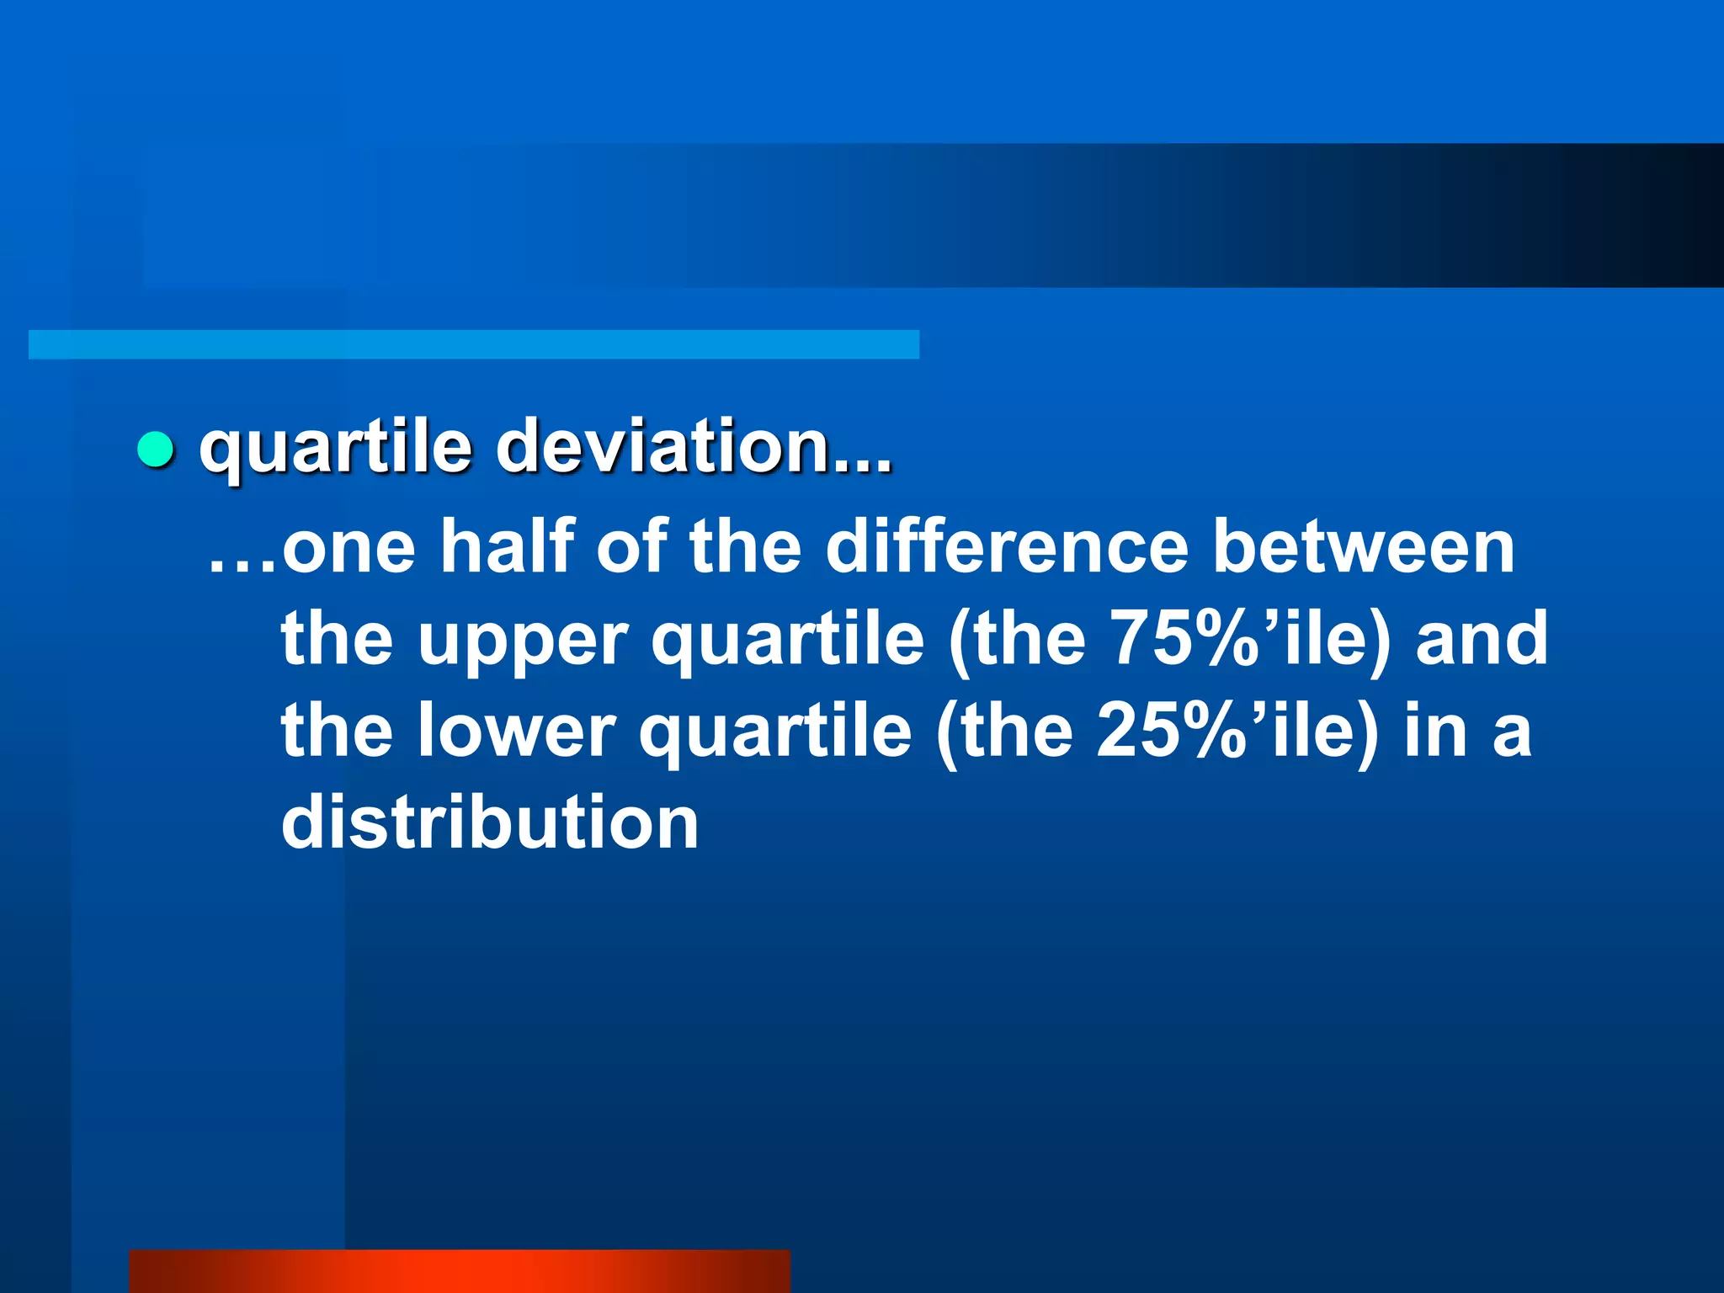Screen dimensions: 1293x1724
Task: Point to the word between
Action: coord(1364,547)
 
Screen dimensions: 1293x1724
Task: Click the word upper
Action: coord(523,640)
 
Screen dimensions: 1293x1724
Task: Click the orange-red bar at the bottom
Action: coord(460,1271)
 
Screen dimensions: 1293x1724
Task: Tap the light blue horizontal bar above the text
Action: coord(473,344)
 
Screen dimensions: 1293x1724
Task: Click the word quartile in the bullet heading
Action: coord(335,448)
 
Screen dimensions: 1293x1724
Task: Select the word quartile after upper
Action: coord(788,640)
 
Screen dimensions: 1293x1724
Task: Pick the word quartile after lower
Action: coord(775,731)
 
